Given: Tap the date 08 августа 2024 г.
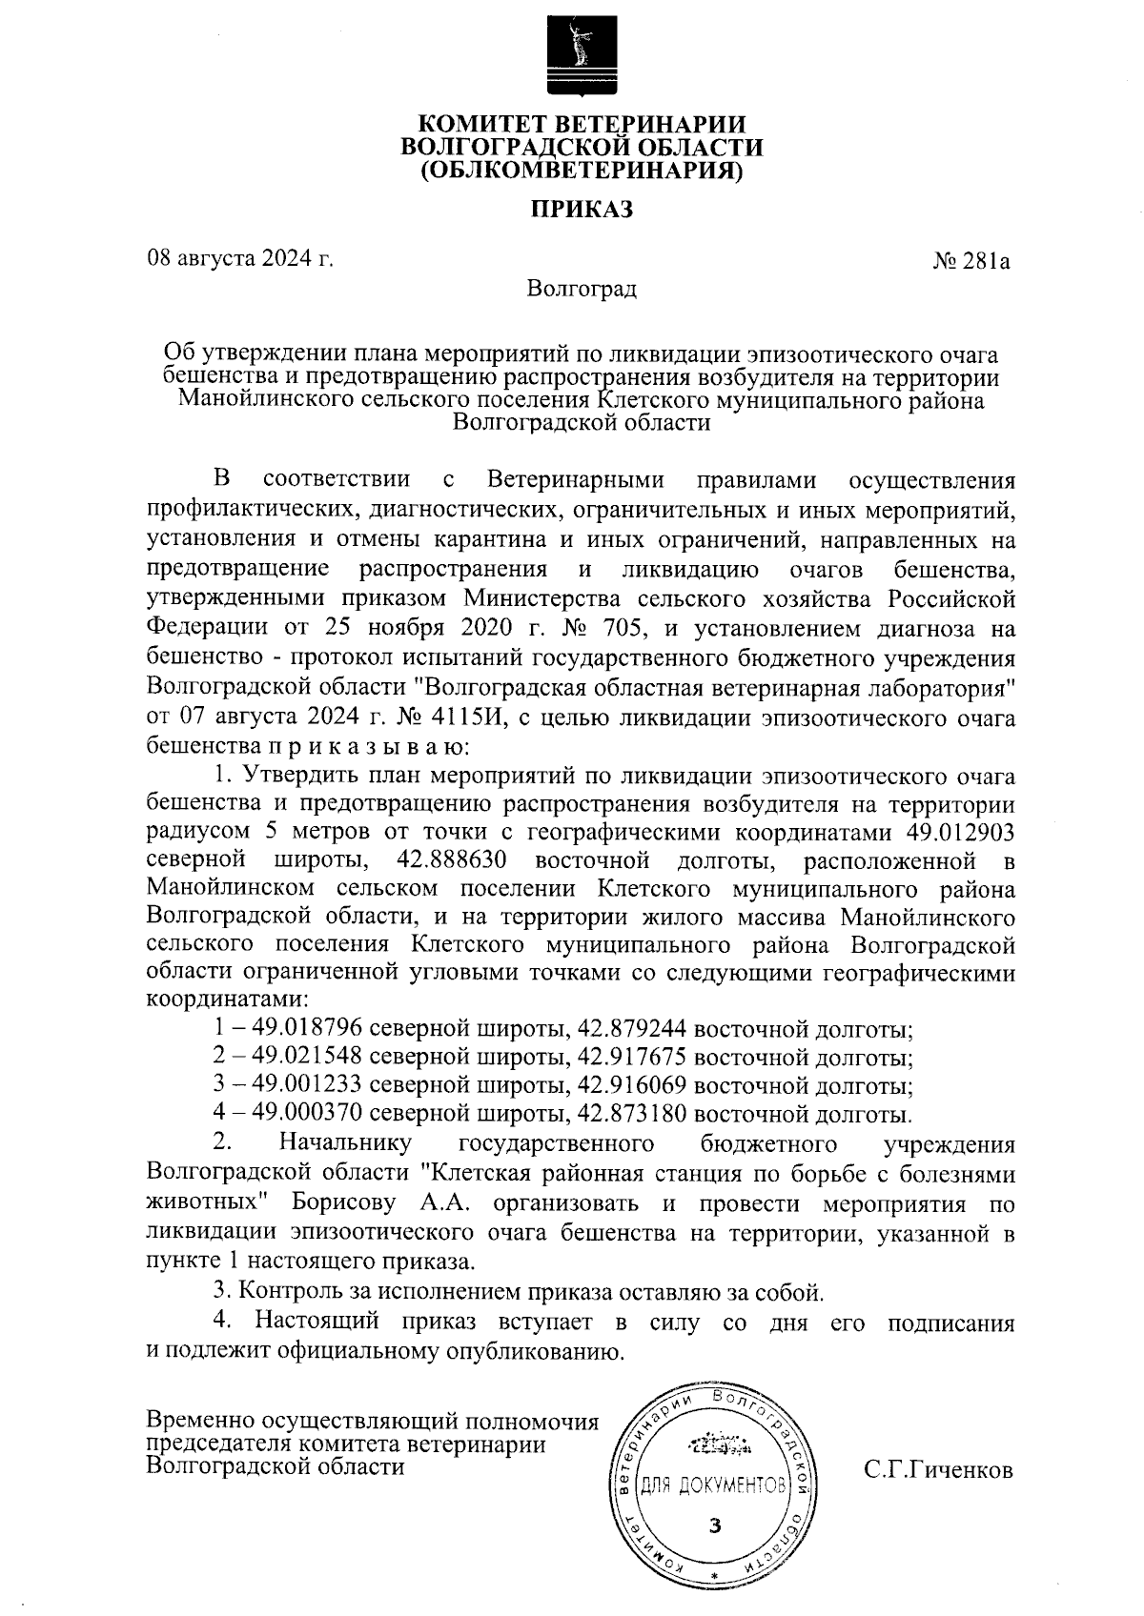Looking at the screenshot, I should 239,258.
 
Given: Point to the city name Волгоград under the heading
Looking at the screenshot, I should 582,289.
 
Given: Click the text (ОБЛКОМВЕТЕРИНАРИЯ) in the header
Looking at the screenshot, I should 582,172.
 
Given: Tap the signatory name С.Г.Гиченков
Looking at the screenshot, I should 938,1470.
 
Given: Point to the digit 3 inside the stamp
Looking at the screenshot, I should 714,1525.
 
